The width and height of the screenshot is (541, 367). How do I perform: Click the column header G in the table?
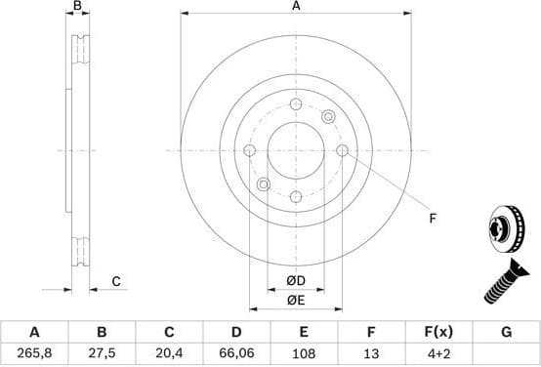[506, 331]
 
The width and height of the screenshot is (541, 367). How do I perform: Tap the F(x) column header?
[439, 331]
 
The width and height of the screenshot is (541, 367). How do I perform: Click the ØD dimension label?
[296, 282]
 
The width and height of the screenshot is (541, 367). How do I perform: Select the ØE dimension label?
[296, 301]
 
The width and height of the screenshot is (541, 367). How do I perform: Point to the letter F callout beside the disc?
[433, 220]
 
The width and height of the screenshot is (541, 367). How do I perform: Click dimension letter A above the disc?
[296, 7]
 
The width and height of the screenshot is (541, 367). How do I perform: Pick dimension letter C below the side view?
[115, 282]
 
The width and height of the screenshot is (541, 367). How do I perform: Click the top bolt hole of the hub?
[296, 104]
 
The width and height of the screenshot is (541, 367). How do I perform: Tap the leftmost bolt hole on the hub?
[249, 150]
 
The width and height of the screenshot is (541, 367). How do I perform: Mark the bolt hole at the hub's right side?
[342, 150]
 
